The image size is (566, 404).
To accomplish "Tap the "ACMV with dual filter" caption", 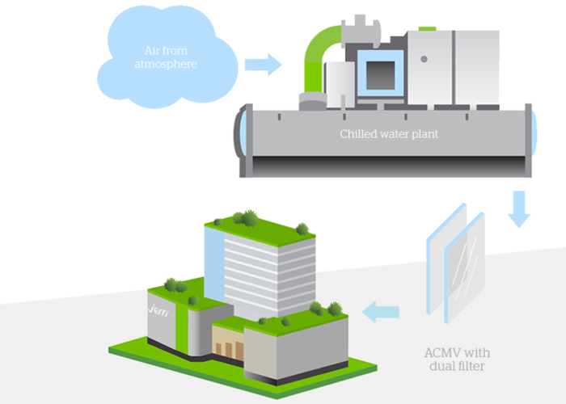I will coord(457,359).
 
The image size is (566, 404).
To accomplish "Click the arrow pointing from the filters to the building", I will coord(380,309).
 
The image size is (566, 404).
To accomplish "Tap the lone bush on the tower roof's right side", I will coord(302,229).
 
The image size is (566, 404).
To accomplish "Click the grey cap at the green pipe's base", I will coord(309,102).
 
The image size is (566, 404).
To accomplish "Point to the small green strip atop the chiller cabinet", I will coord(428,28).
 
